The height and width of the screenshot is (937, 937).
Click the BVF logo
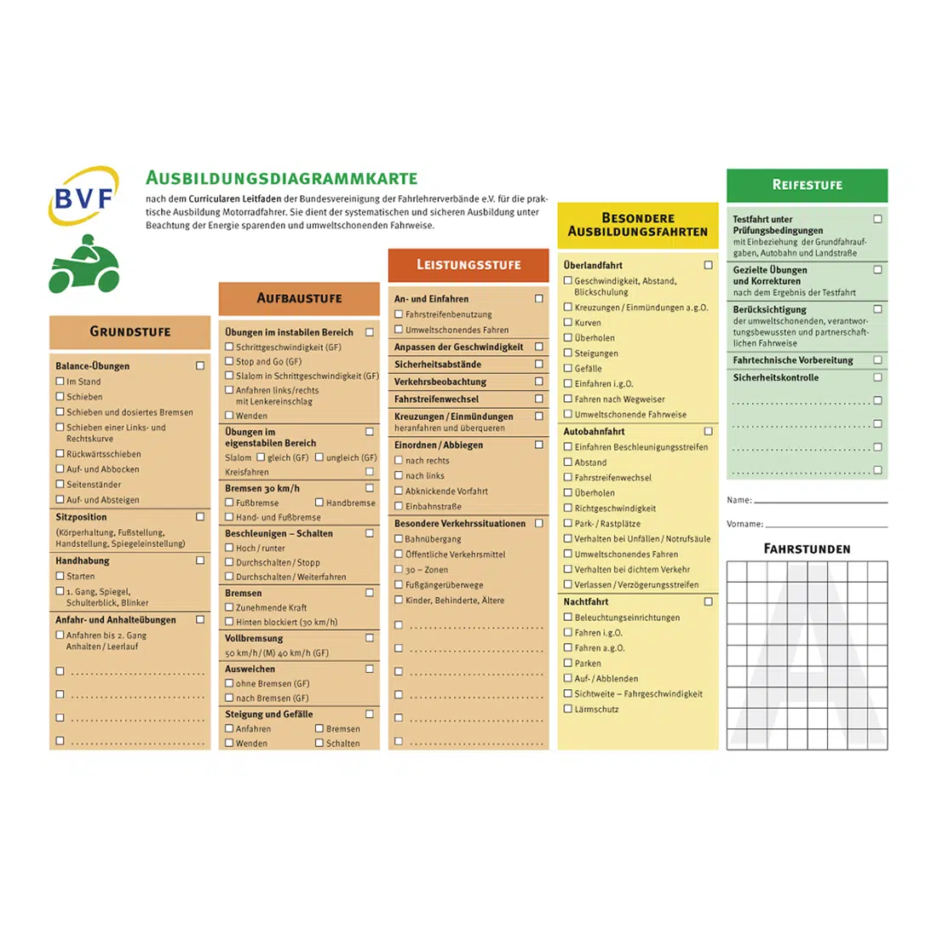83,197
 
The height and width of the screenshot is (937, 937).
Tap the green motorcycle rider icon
83,265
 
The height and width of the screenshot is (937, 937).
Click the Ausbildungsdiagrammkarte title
281,178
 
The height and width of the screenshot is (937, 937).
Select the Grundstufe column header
129,331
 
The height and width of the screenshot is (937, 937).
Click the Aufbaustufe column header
299,298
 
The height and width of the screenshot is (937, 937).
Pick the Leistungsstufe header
468,265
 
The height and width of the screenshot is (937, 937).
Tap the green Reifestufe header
807,185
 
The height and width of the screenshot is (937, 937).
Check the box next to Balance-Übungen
200,365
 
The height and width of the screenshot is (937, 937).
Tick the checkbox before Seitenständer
60,484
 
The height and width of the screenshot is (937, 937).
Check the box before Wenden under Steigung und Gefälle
229,743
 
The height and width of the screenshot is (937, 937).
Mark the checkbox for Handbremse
319,503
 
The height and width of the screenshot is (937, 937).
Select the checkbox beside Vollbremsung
370,638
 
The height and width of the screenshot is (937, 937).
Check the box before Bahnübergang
398,538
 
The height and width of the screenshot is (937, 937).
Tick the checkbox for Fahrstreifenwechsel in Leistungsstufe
538,399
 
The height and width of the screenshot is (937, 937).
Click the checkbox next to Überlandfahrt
708,265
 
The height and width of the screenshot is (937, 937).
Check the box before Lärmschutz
568,709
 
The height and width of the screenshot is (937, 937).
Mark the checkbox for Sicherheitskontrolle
877,377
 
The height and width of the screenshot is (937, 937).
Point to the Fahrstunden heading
807,549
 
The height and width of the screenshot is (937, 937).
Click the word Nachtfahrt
586,601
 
